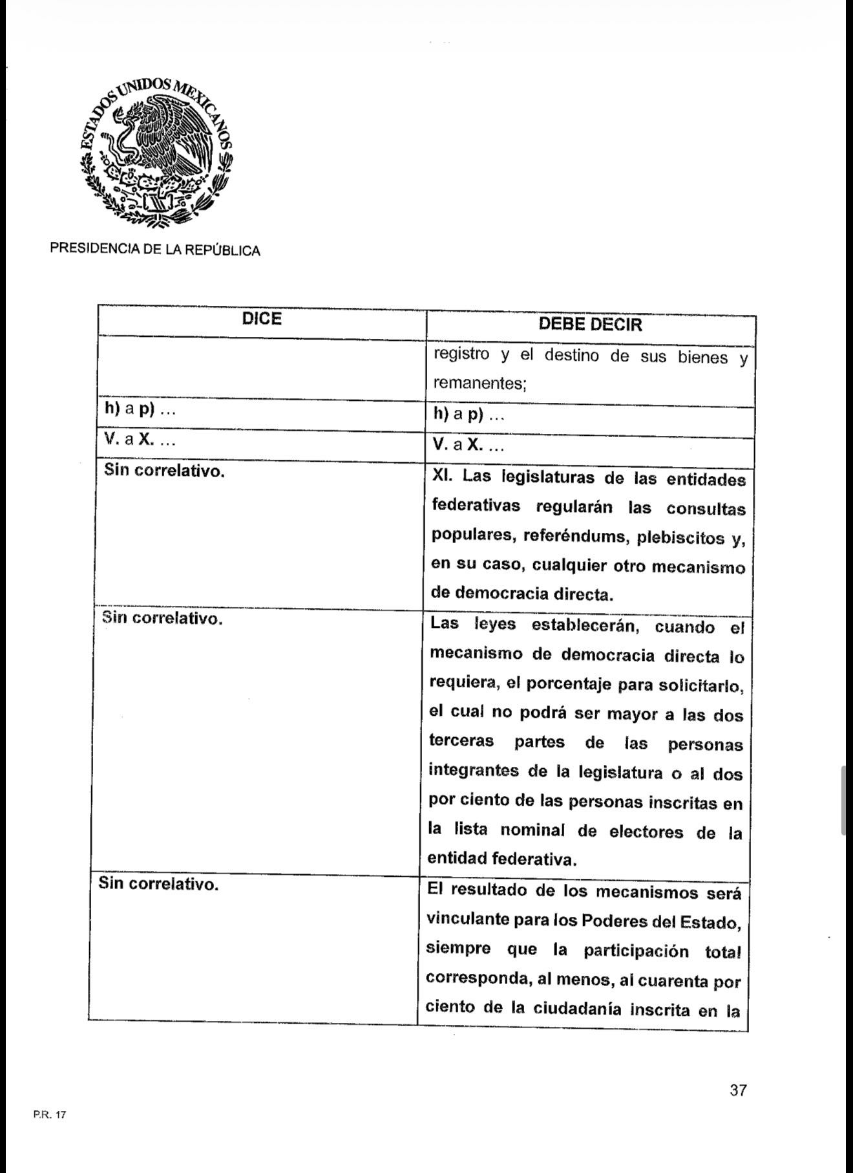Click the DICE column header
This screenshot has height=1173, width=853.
tap(262, 319)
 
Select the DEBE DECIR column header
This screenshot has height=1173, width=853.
tap(590, 324)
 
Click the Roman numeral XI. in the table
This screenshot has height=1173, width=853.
tap(444, 477)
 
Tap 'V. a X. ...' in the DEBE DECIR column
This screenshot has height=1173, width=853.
tap(469, 446)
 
